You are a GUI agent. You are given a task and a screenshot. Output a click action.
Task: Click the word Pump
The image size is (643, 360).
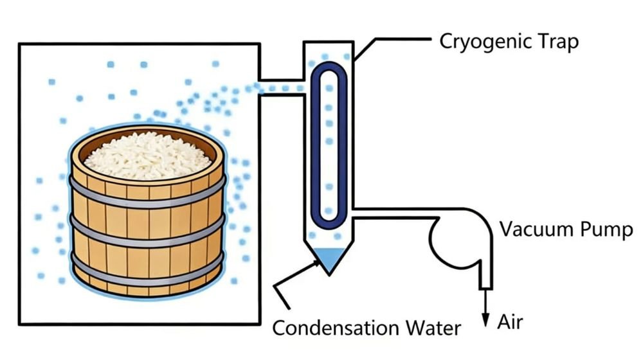(x=607, y=230)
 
